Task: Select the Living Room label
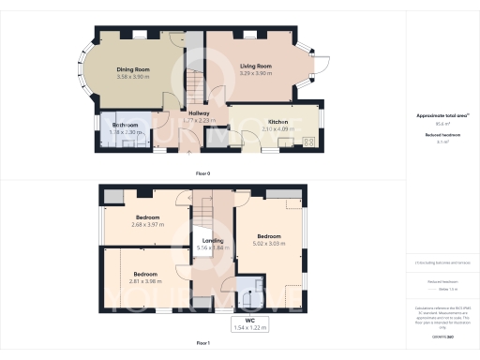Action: [255, 67]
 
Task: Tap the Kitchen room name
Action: [278, 122]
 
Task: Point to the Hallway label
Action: [199, 113]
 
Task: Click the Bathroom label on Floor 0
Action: [126, 125]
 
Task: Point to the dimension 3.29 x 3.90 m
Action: [255, 74]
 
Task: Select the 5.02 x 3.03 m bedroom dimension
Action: [269, 244]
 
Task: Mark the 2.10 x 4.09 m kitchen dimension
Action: [278, 129]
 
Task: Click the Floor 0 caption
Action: [202, 172]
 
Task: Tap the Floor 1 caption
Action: [202, 344]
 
